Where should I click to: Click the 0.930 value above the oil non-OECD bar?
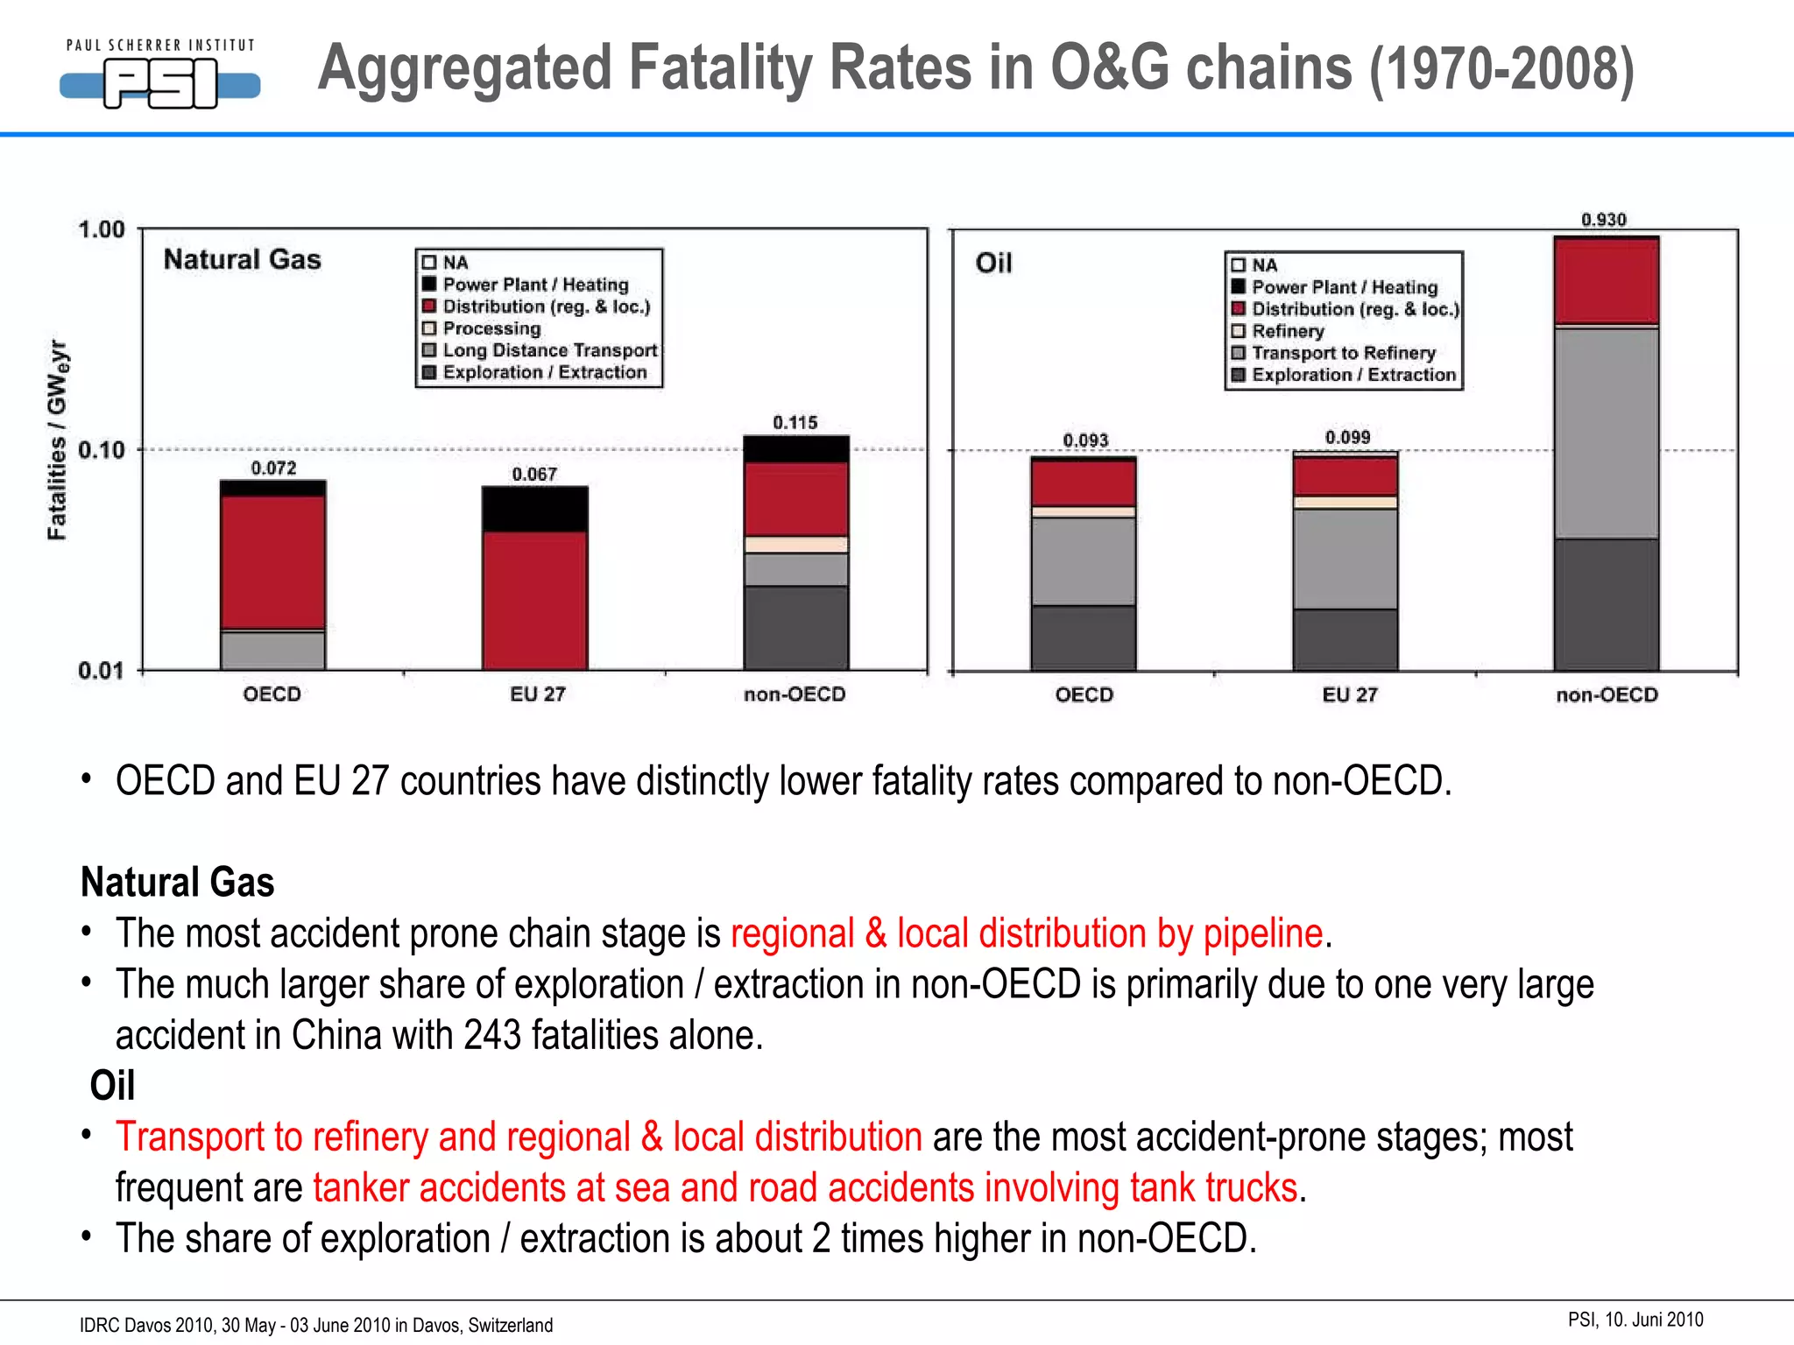(1603, 219)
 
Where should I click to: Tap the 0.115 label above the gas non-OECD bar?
(795, 422)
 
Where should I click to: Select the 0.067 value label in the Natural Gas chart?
(534, 474)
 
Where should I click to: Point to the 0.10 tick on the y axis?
(102, 450)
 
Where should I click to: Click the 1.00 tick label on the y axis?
(102, 229)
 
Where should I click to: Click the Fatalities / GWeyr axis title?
(57, 440)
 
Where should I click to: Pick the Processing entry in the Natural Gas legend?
(491, 328)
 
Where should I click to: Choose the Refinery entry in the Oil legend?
(1287, 331)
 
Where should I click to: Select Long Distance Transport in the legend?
(549, 350)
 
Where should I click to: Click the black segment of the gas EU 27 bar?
(534, 510)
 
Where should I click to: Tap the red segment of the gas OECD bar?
(272, 560)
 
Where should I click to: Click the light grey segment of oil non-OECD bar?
(1607, 433)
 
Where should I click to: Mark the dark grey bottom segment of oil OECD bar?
(1084, 637)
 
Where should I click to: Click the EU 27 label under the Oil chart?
(1349, 694)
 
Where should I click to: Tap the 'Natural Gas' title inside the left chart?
(243, 259)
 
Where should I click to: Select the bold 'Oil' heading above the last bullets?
(112, 1086)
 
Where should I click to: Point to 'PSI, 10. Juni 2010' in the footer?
(1635, 1320)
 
